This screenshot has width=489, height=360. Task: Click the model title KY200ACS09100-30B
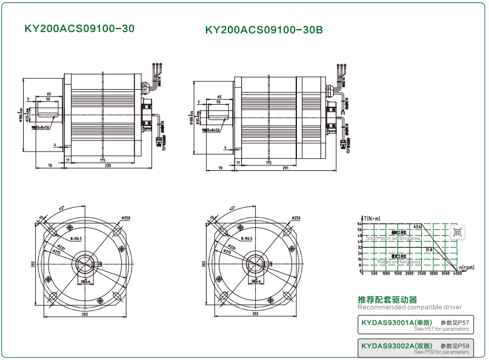click(264, 29)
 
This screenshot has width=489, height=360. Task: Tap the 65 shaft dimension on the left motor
click(48, 95)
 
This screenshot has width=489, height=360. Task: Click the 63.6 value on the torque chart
click(417, 227)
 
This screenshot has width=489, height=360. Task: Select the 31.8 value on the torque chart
click(428, 249)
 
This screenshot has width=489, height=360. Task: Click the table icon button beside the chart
click(457, 232)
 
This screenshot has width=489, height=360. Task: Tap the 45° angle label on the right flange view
click(231, 209)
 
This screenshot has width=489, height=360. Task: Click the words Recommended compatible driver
click(410, 308)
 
